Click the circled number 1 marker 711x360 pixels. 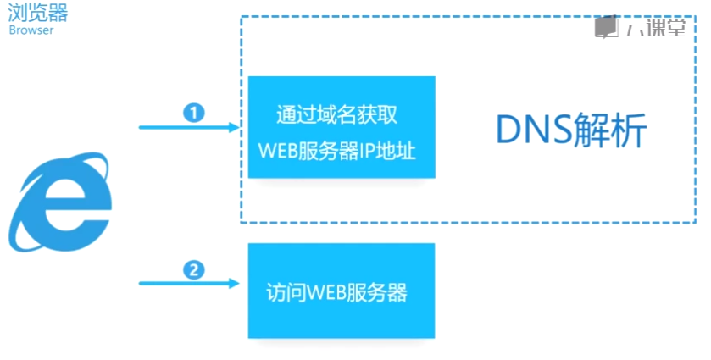[x=195, y=112]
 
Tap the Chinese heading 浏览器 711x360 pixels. [x=38, y=13]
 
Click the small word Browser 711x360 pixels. [x=31, y=30]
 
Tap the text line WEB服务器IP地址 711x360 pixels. [x=342, y=149]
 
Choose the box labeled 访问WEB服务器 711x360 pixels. [x=341, y=291]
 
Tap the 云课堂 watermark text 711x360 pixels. [x=655, y=28]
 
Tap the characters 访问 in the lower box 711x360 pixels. [x=285, y=293]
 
